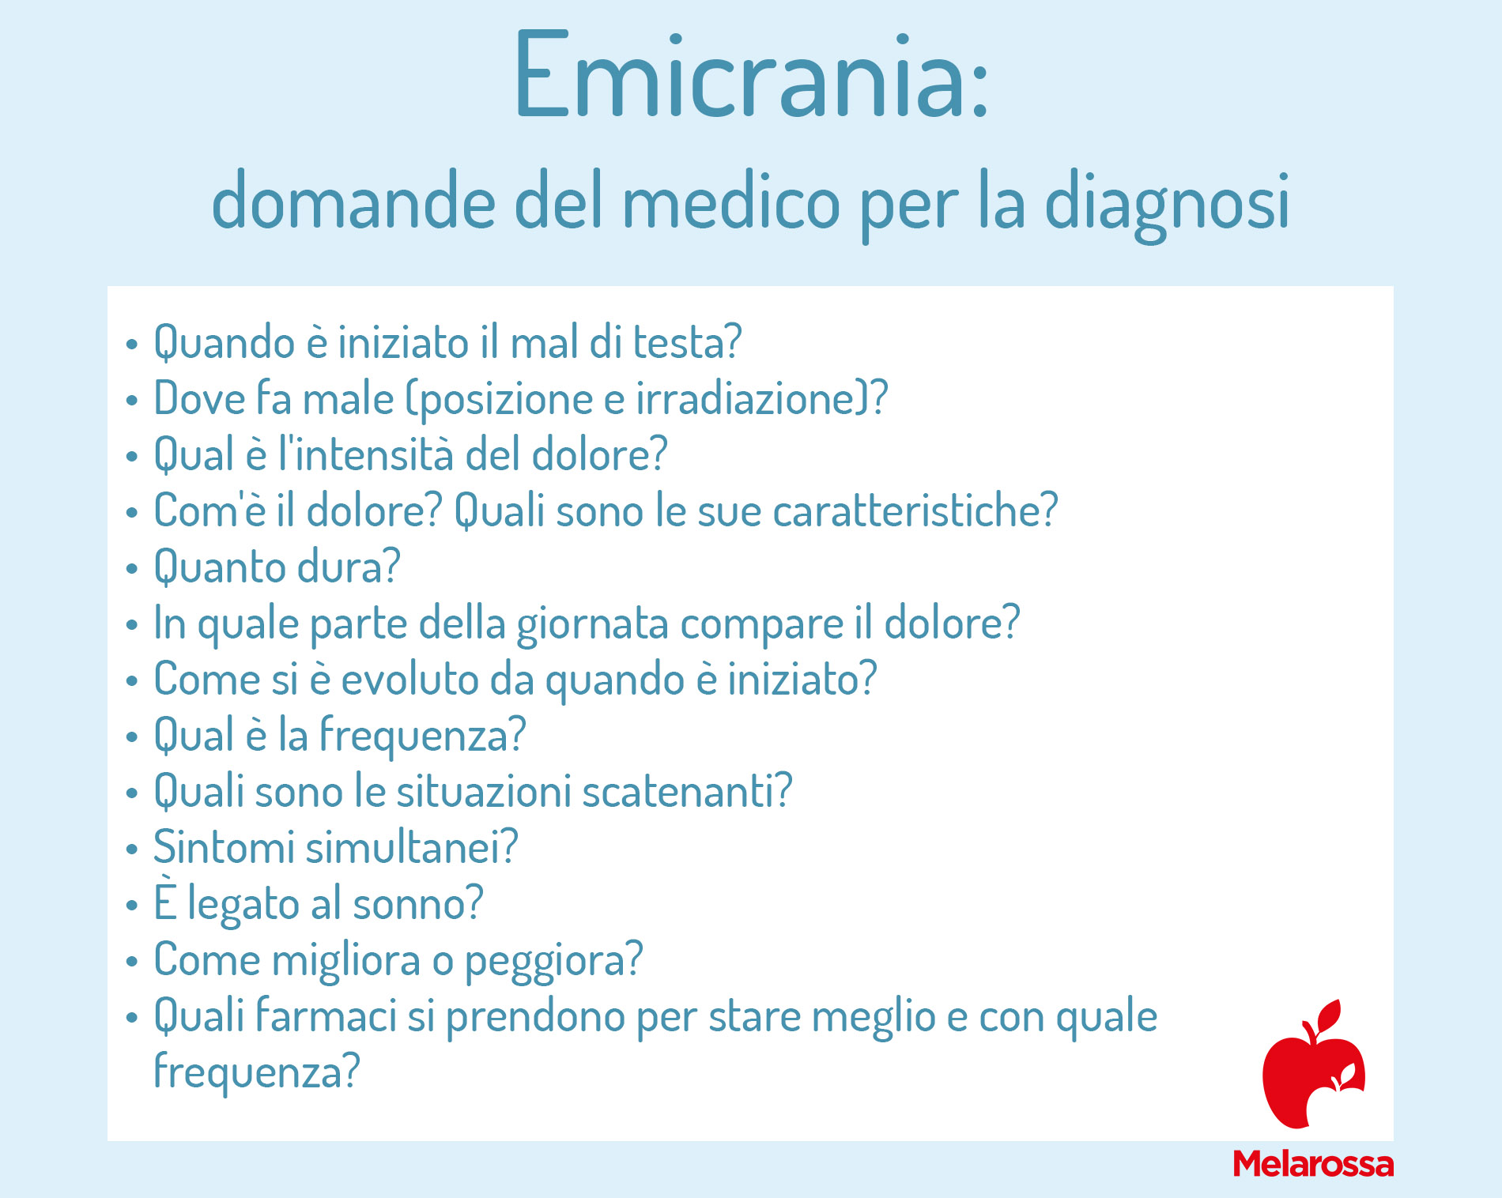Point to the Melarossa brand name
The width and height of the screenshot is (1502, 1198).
(x=1313, y=1164)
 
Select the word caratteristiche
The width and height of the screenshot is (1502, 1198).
(x=915, y=510)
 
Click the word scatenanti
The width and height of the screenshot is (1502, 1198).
(x=687, y=791)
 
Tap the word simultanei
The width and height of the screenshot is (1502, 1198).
(x=411, y=847)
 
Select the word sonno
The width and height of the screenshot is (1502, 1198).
(x=417, y=903)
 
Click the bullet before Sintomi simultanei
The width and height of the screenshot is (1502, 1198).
(x=131, y=850)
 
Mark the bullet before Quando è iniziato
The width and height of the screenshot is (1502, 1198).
(x=131, y=345)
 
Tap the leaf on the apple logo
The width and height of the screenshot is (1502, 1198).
(x=1329, y=1015)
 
